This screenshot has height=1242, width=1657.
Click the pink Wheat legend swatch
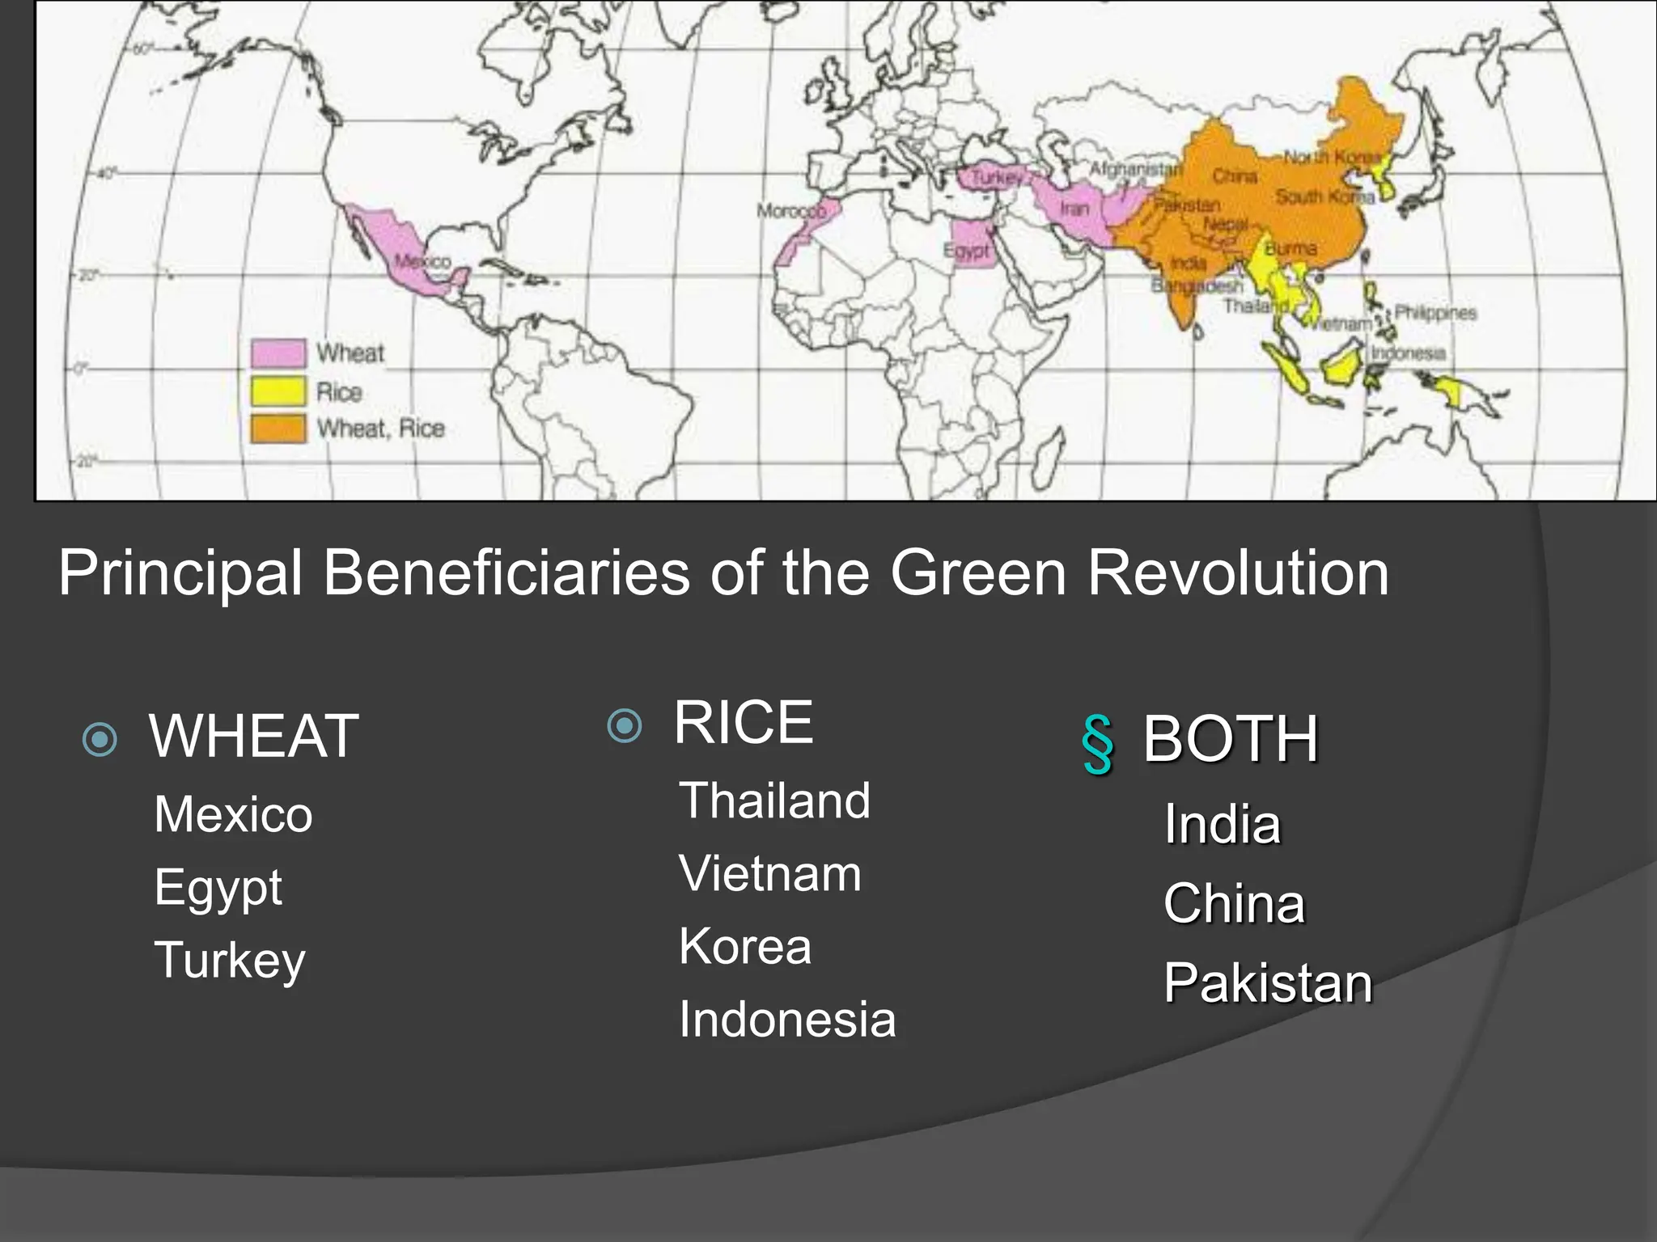[x=278, y=353]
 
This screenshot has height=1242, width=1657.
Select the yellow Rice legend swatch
[x=278, y=391]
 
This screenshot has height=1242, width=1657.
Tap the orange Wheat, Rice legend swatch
[x=278, y=429]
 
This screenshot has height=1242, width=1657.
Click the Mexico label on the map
[x=422, y=261]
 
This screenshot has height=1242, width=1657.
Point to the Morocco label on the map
[x=791, y=211]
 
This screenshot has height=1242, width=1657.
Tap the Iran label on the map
[x=1074, y=209]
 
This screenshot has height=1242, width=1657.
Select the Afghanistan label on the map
[x=1136, y=169]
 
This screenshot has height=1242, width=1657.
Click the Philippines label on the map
[x=1435, y=313]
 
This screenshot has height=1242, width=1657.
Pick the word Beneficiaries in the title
[x=506, y=572]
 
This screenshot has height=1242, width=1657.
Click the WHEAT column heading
[x=254, y=736]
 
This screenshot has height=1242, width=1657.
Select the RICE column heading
[x=743, y=722]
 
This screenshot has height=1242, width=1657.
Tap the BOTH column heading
[x=1231, y=739]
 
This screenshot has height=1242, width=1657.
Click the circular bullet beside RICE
[x=625, y=725]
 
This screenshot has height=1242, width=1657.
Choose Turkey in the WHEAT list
[x=230, y=961]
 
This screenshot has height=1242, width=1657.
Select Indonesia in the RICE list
[x=787, y=1019]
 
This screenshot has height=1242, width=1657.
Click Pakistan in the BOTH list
[x=1268, y=983]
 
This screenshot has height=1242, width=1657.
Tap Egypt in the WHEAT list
[x=218, y=888]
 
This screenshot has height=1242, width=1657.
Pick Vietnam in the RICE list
[x=770, y=873]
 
